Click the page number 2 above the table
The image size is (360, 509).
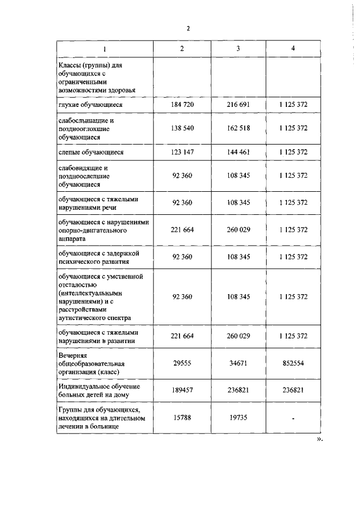coord(188,29)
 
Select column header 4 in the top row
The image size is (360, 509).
coord(293,48)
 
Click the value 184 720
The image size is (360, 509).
coord(182,105)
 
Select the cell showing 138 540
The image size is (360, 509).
coord(182,129)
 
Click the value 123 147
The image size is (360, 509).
coord(182,152)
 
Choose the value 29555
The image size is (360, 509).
coord(182,364)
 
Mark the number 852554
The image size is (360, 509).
coord(293,364)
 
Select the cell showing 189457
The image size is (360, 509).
coord(182,391)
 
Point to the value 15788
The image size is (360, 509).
coord(182,418)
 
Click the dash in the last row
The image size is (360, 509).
coord(293,418)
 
